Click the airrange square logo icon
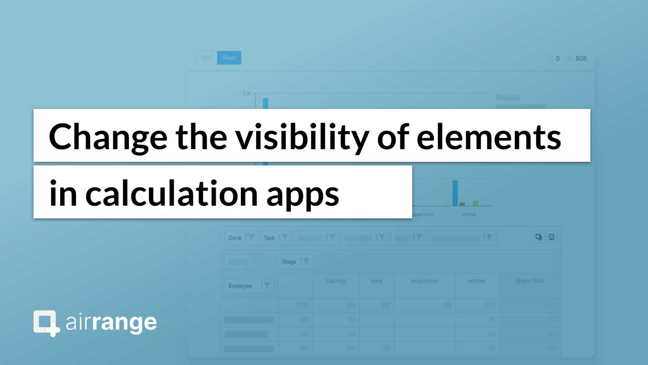[46, 323]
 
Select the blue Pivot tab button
[229, 58]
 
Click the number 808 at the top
[581, 58]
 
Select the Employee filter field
[249, 286]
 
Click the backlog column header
[336, 281]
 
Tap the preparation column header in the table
[424, 281]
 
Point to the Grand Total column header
[530, 281]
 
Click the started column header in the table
[477, 281]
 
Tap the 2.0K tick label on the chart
[247, 94]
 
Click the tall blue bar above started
[455, 193]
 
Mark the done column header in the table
[376, 281]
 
